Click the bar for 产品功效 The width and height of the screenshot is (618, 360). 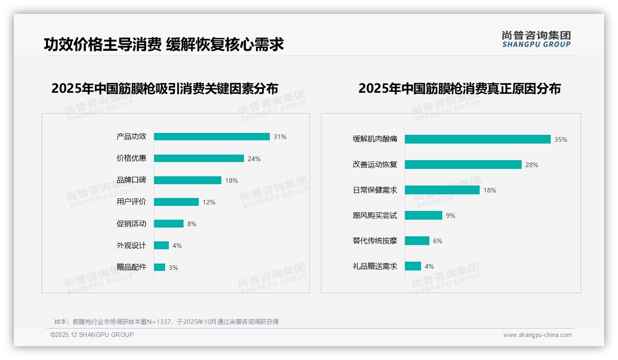pyautogui.click(x=212, y=137)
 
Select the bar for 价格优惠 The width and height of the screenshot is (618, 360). pyautogui.click(x=199, y=158)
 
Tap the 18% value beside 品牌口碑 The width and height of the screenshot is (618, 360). pyautogui.click(x=232, y=180)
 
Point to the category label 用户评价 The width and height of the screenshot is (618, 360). pyautogui.click(x=131, y=202)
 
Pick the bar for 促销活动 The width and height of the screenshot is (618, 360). pyautogui.click(x=168, y=223)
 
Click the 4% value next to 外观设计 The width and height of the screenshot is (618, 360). pyautogui.click(x=177, y=246)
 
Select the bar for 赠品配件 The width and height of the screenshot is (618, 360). pyautogui.click(x=160, y=267)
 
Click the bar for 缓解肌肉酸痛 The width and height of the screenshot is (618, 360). pyautogui.click(x=477, y=139)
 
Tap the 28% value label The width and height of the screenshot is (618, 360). pyautogui.click(x=531, y=165)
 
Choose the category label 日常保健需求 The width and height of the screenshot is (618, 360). pyautogui.click(x=374, y=190)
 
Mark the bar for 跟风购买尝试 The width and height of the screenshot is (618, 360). pyautogui.click(x=423, y=215)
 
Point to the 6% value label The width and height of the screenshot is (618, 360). pyautogui.click(x=437, y=241)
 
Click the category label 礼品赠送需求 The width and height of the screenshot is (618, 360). pyautogui.click(x=374, y=266)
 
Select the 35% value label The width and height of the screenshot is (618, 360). pyautogui.click(x=561, y=139)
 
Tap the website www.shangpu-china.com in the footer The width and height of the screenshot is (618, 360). pyautogui.click(x=537, y=335)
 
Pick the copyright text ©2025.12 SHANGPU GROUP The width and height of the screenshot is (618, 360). pyautogui.click(x=92, y=335)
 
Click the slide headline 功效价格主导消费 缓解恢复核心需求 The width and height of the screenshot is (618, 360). pyautogui.click(x=164, y=44)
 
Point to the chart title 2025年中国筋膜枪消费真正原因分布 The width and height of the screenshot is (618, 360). pyautogui.click(x=459, y=89)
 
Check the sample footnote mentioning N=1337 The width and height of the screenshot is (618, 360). pyautogui.click(x=166, y=322)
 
